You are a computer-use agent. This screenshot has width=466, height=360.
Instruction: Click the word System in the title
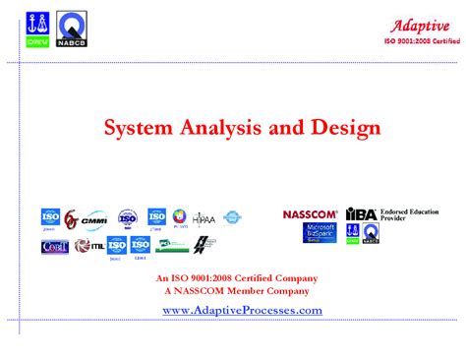coord(137,128)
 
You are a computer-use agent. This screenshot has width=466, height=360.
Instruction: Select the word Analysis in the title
coord(221,128)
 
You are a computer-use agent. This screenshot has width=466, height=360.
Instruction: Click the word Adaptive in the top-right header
coord(420,26)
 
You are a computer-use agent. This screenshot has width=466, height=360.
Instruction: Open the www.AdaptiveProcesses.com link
coord(241,310)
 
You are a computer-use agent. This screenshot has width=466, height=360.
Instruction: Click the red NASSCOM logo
coord(310,214)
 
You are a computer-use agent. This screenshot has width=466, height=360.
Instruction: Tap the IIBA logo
coord(361,214)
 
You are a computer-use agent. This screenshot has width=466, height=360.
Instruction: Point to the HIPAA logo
coord(204,218)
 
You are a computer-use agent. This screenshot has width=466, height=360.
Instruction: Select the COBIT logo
coord(55,246)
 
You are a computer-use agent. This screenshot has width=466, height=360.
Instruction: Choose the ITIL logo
coord(90,246)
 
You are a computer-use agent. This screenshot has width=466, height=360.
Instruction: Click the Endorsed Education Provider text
coord(408,214)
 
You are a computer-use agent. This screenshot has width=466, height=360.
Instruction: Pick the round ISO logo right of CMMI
coord(127,218)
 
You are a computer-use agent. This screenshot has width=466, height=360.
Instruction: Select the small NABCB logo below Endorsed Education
coord(370,233)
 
